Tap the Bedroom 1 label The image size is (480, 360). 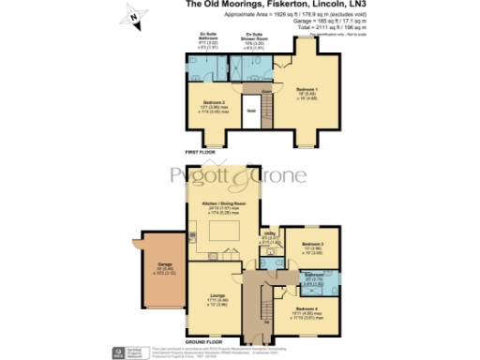tap(307, 92)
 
